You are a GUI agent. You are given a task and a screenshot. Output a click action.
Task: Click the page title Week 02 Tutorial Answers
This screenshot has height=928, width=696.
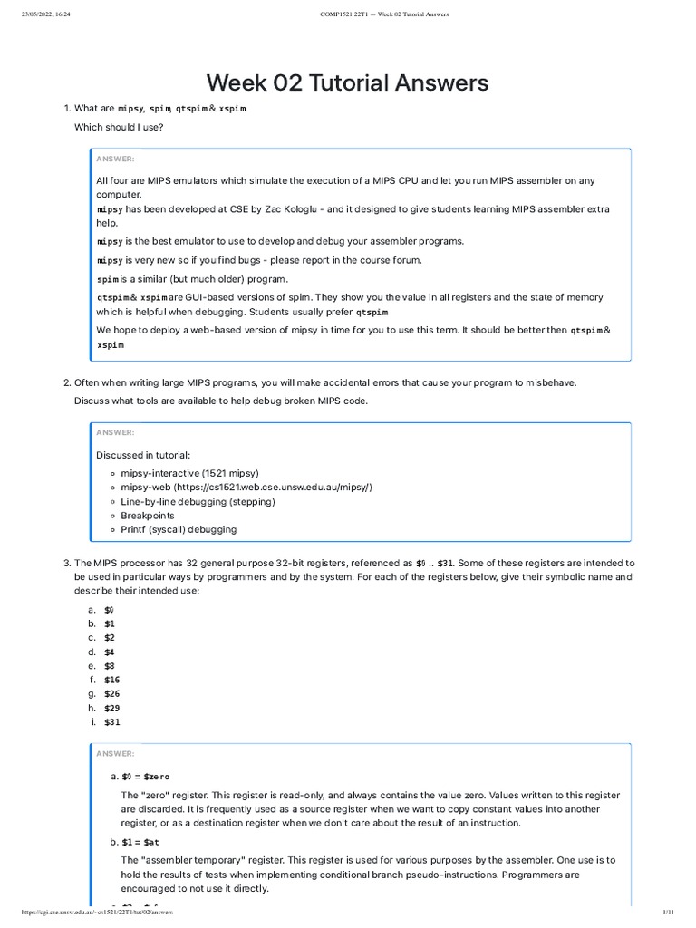click(x=347, y=83)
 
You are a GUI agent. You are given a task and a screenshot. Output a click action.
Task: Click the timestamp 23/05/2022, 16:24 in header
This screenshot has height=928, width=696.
click(x=45, y=14)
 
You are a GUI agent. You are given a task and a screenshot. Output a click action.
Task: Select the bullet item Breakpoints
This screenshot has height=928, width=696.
click(x=148, y=515)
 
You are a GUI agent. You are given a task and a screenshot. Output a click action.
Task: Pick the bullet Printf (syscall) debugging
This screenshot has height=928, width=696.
click(x=179, y=529)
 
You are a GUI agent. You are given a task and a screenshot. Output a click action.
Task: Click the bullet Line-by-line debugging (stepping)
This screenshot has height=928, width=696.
click(x=198, y=501)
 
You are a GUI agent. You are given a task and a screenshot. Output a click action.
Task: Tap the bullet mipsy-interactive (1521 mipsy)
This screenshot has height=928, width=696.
click(x=189, y=473)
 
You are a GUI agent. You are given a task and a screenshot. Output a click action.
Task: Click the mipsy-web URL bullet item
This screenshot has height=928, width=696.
click(x=246, y=487)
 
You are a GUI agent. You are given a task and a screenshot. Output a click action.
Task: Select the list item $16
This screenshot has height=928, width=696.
click(x=111, y=680)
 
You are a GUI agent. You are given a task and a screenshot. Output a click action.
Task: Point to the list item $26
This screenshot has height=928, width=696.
click(x=111, y=694)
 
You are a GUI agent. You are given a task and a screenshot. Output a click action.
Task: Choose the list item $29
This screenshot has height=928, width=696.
click(x=111, y=708)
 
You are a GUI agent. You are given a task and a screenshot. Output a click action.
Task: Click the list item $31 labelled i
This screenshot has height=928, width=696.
click(x=111, y=722)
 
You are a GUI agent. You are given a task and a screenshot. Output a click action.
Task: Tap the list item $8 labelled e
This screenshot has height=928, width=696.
click(x=109, y=665)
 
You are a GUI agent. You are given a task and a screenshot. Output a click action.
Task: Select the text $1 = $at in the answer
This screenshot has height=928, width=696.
click(x=140, y=842)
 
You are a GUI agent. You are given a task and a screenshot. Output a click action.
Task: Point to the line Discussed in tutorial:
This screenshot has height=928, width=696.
click(x=143, y=454)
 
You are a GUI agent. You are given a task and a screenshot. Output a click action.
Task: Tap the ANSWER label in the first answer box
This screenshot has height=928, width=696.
click(x=115, y=159)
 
